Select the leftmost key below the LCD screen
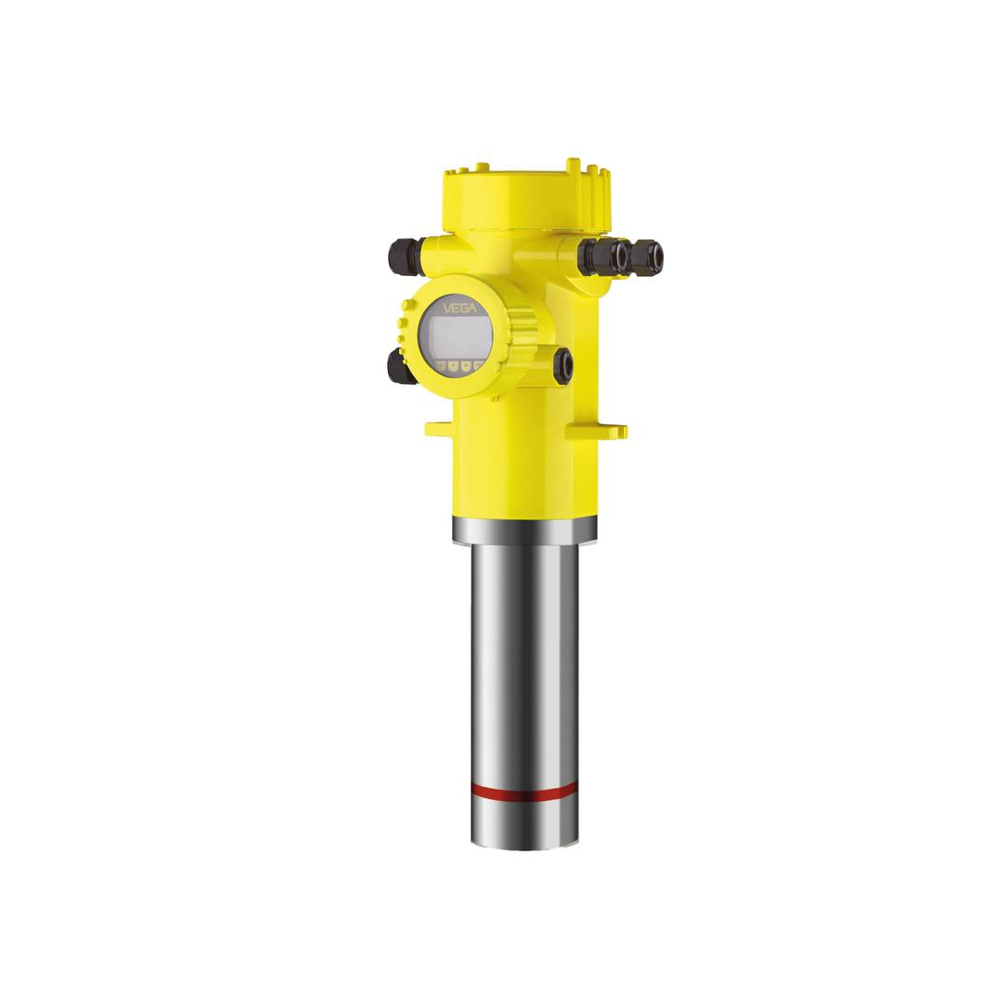point(441,366)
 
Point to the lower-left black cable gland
point(397,366)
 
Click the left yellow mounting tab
point(441,429)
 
